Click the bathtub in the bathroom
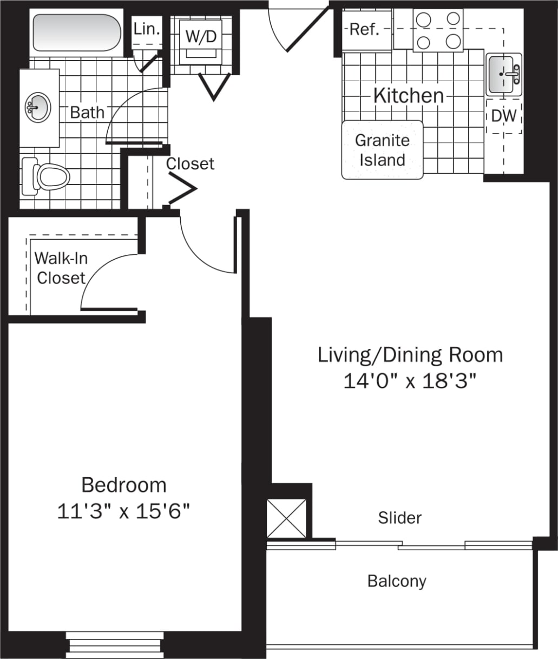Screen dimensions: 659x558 pos(76,32)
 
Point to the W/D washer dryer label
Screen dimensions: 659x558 pos(201,37)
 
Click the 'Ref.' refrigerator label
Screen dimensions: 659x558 pos(364,29)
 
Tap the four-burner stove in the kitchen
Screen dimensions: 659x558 pos(438,31)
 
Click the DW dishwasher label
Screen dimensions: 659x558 pos(504,116)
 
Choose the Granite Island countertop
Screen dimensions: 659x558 pos(382,150)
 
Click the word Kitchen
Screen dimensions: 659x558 pos(409,96)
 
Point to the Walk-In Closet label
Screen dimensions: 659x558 pos(61,268)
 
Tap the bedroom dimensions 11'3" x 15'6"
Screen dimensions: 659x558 pos(124,511)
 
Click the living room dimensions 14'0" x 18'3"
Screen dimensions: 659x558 pos(410,381)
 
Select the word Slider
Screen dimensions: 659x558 pos(399,518)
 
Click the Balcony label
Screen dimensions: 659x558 pos(397,581)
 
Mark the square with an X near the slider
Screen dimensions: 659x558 pos(286,518)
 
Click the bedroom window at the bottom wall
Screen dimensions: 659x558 pos(115,644)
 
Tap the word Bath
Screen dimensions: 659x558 pos(87,113)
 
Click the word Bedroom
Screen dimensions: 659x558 pos(124,485)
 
